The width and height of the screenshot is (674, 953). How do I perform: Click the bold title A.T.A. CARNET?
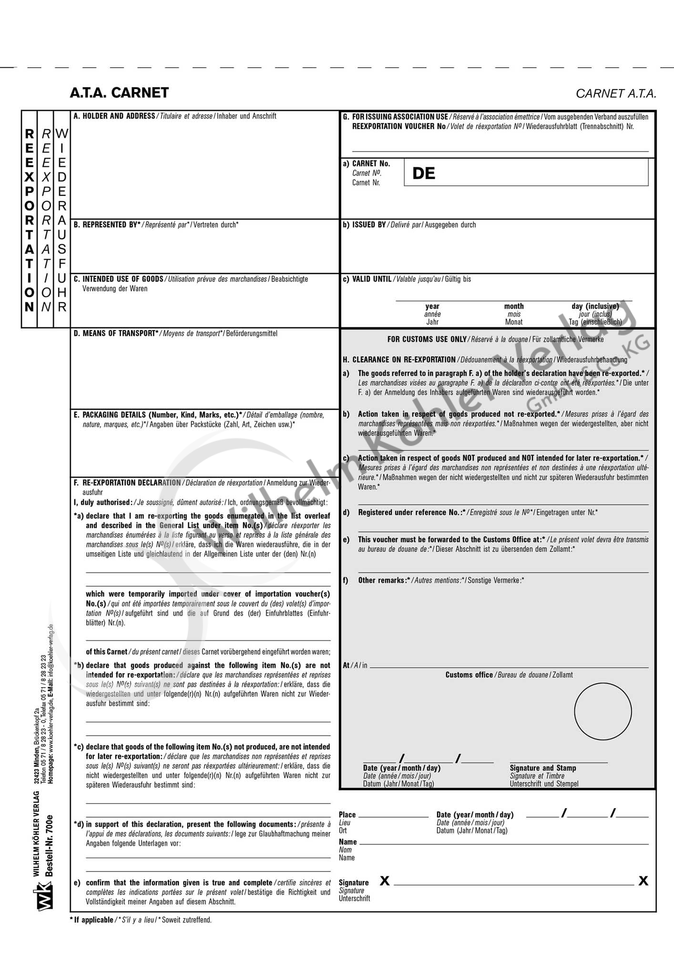[x=119, y=92]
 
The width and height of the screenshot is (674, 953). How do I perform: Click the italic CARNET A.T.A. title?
[x=616, y=93]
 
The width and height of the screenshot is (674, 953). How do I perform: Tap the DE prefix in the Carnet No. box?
[x=424, y=173]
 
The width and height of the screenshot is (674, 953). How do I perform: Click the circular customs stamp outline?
[x=603, y=711]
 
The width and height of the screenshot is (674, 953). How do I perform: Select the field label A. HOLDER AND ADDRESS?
[x=114, y=116]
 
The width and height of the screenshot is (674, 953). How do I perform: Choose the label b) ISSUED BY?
[x=365, y=224]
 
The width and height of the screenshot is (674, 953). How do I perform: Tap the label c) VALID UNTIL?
[x=368, y=279]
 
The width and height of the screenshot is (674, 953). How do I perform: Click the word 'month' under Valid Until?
[x=514, y=306]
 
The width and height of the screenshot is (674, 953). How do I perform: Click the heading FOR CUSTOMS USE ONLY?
[x=427, y=339]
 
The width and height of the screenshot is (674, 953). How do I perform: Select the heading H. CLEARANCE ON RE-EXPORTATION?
[x=399, y=359]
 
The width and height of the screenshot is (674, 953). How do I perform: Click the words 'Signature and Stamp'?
[x=543, y=768]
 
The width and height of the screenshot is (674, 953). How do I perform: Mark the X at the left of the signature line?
[x=385, y=881]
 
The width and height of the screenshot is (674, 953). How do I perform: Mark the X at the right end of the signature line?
[x=643, y=881]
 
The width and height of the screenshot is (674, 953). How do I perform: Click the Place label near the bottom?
[x=347, y=814]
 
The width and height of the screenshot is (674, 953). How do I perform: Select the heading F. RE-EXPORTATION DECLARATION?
[x=127, y=482]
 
